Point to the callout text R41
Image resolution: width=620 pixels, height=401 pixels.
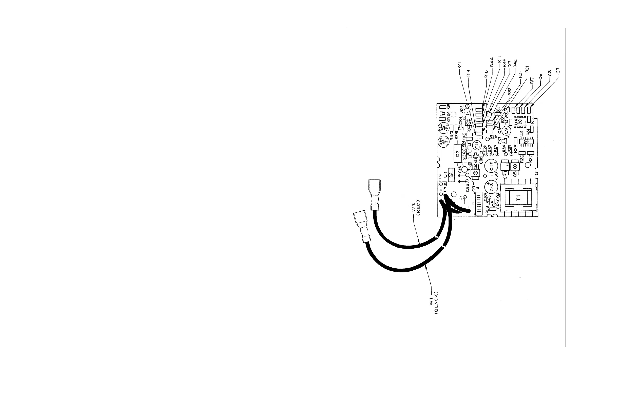tap(460, 65)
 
